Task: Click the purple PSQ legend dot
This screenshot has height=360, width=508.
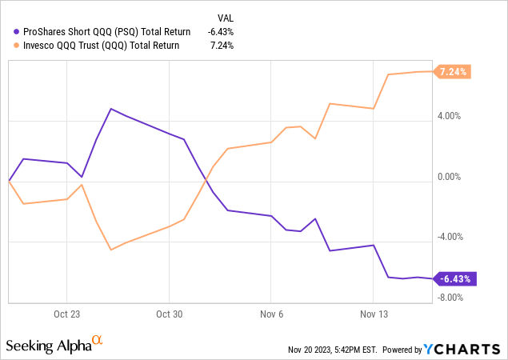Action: (18, 32)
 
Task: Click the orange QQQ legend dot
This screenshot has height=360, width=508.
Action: (18, 46)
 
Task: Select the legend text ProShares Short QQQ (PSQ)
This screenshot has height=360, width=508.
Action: (107, 32)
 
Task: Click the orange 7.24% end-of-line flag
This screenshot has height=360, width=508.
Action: (454, 71)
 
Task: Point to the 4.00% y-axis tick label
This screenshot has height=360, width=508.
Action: (451, 116)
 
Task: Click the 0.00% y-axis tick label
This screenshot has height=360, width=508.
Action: (451, 177)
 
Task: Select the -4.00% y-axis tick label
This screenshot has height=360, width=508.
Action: (451, 238)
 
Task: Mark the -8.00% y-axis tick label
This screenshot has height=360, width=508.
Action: (451, 298)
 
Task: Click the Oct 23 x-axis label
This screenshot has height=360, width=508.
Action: (66, 314)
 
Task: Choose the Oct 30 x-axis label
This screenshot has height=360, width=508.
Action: (169, 314)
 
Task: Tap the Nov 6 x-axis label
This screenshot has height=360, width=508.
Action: (271, 314)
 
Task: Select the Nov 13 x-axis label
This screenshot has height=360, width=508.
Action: (373, 314)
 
